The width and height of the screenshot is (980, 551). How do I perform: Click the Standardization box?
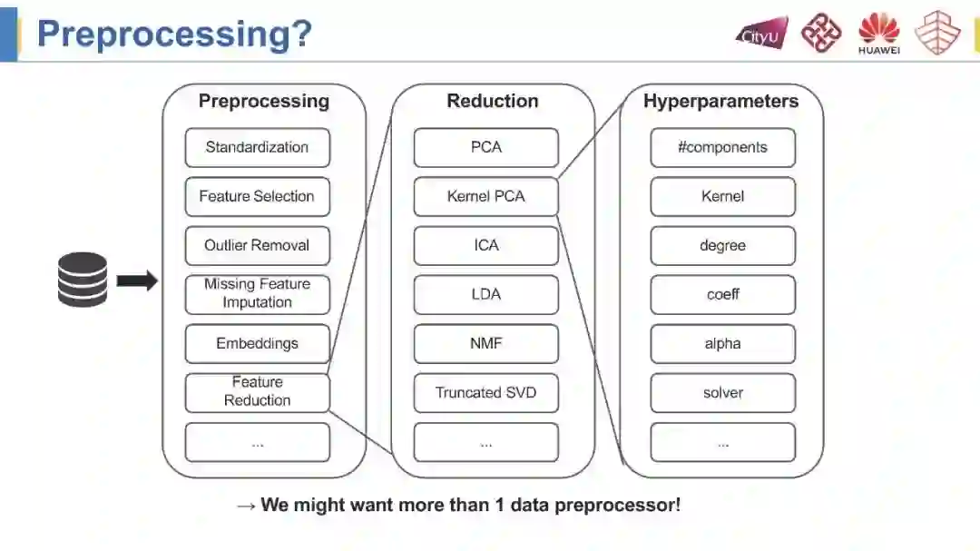click(x=257, y=148)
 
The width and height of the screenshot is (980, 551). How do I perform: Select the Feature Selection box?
click(x=257, y=197)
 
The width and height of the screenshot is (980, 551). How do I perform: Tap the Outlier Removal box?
click(x=257, y=246)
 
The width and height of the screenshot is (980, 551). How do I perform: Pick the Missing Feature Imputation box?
click(x=257, y=294)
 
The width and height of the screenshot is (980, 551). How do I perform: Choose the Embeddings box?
click(x=257, y=344)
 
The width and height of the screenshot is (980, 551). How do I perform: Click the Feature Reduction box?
click(x=257, y=392)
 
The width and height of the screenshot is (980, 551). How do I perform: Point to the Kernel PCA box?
click(x=485, y=197)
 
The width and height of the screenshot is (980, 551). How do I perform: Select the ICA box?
click(x=485, y=246)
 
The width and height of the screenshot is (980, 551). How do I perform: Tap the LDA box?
click(x=485, y=295)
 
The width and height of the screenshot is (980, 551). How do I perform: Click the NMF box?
click(x=485, y=344)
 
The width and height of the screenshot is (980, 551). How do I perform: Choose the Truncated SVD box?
click(x=485, y=393)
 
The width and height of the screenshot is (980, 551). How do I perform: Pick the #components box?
click(x=722, y=148)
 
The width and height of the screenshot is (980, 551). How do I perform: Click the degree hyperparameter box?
click(x=722, y=246)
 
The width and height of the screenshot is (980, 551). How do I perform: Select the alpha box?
click(x=722, y=344)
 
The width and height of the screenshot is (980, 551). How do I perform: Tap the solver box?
click(x=722, y=393)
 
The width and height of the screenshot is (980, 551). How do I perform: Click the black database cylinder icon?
click(x=83, y=280)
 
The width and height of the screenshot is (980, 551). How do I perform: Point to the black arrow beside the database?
click(x=137, y=281)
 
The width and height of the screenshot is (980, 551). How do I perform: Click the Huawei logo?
click(x=878, y=34)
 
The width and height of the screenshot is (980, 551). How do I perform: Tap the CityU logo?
click(x=760, y=34)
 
